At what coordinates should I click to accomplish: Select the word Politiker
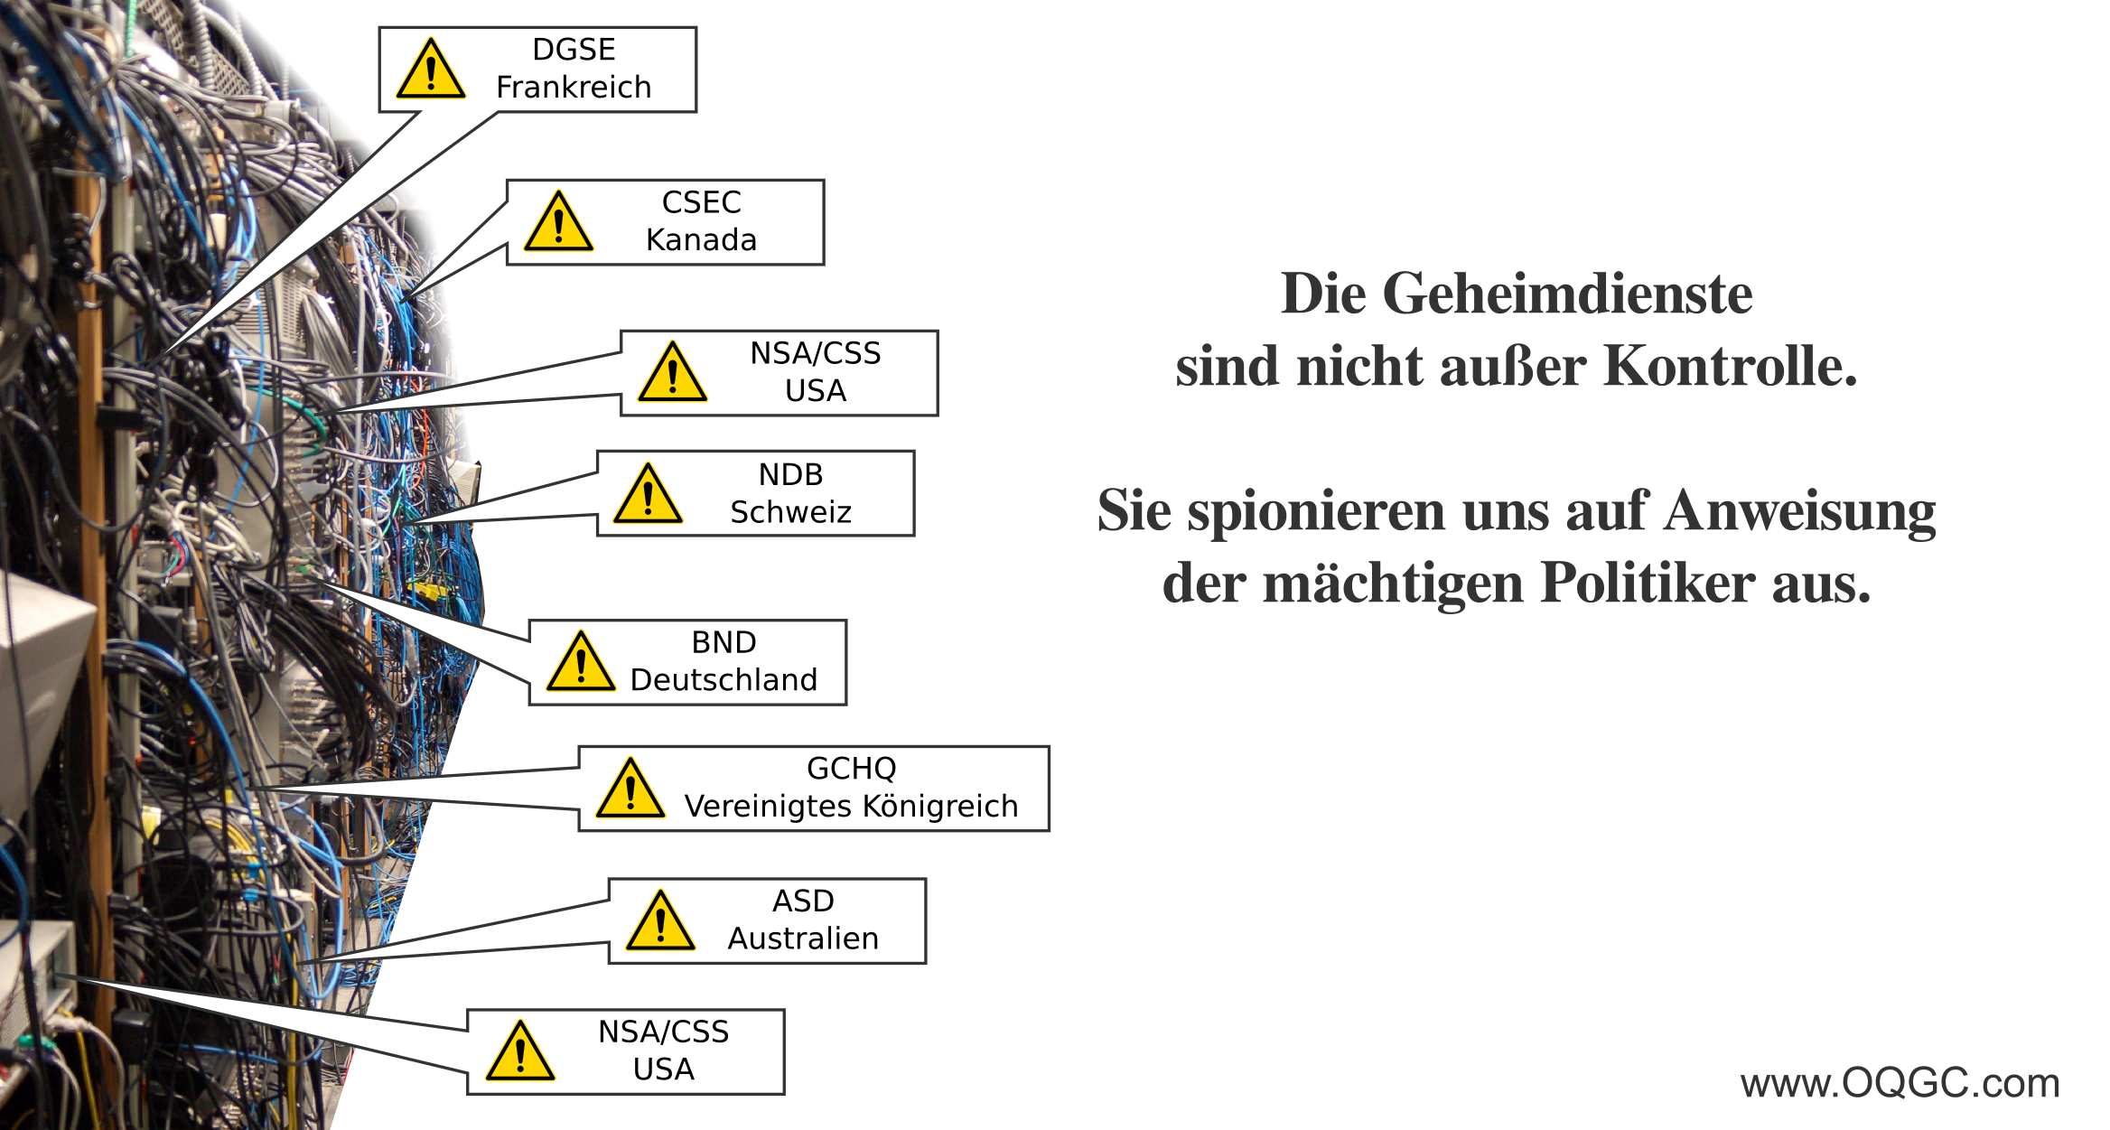(x=1648, y=583)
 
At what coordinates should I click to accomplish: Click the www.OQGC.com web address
(x=1900, y=1082)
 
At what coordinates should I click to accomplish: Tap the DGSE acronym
(x=574, y=49)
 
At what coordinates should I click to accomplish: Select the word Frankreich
(x=574, y=87)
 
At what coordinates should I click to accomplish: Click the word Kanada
(x=701, y=239)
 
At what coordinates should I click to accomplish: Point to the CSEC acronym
(x=701, y=201)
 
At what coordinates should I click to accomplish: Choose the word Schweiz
(x=791, y=512)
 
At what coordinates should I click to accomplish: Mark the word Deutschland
(x=724, y=679)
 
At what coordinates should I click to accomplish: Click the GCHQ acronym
(x=852, y=768)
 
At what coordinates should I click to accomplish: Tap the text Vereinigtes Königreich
(x=852, y=806)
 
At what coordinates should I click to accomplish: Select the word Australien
(x=803, y=939)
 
